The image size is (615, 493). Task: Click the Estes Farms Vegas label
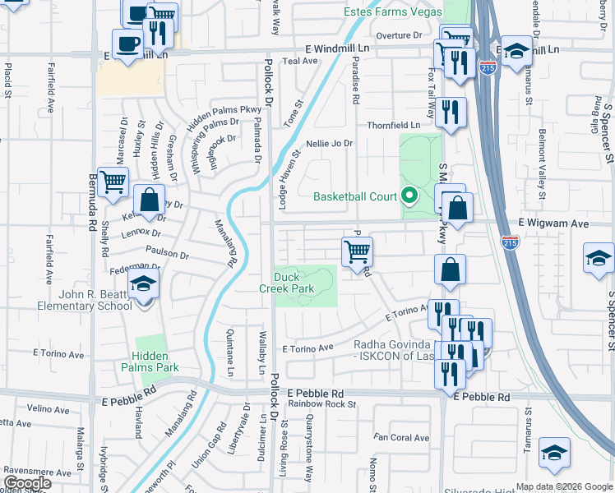(391, 13)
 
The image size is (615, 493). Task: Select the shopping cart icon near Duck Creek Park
(357, 251)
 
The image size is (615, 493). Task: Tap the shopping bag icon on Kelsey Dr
(149, 200)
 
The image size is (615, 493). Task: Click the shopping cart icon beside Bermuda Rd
(113, 182)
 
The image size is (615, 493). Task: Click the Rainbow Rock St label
(321, 404)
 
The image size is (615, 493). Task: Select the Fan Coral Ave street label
(402, 437)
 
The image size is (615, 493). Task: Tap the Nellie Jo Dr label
(329, 143)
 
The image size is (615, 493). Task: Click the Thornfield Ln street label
(393, 125)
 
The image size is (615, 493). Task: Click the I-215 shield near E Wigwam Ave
(510, 242)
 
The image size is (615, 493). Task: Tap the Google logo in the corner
(27, 483)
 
